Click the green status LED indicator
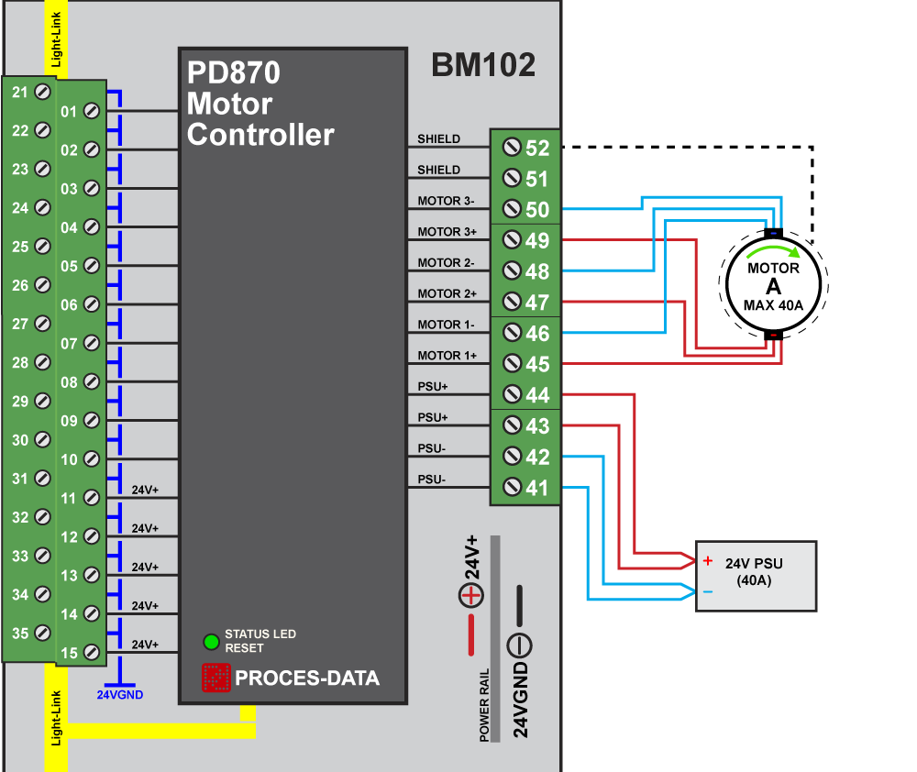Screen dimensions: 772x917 pos(212,641)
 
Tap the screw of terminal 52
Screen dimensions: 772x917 pos(513,148)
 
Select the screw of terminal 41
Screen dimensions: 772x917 pos(513,488)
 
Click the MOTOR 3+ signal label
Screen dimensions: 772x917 pos(446,232)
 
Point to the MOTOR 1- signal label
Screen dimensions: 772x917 pos(446,325)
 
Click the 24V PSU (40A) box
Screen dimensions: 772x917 pos(756,576)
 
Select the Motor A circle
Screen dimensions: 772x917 pos(773,285)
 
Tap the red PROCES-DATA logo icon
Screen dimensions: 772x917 pos(215,678)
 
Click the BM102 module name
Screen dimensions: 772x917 pos(483,66)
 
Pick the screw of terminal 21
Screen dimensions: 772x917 pos(41,92)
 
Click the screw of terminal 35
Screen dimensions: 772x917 pos(41,633)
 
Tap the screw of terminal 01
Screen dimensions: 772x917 pos(92,111)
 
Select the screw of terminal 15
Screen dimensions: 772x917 pos(92,652)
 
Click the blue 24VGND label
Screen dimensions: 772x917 pos(120,694)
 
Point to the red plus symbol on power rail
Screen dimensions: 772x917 pos(470,596)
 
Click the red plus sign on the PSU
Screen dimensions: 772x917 pos(708,560)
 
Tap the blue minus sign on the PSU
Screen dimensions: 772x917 pos(708,592)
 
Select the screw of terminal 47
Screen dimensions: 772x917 pos(513,303)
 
